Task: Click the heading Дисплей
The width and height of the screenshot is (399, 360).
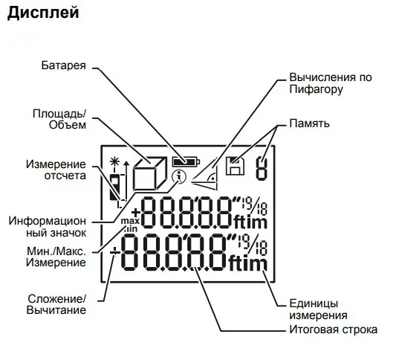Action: (x=43, y=13)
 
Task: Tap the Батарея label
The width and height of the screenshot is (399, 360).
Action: (x=64, y=65)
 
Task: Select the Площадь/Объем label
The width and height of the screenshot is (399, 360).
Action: (x=59, y=119)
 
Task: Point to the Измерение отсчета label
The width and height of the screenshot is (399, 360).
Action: (x=56, y=170)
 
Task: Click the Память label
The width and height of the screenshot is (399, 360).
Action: (x=309, y=123)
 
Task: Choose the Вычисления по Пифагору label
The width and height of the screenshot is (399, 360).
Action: (x=331, y=83)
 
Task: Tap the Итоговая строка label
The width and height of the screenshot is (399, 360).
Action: (x=334, y=330)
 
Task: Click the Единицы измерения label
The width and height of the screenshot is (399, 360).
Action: (x=318, y=309)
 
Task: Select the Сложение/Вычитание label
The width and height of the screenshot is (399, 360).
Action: (x=56, y=304)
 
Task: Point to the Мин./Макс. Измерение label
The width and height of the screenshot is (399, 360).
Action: (x=56, y=257)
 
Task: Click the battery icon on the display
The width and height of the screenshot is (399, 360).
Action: (x=186, y=161)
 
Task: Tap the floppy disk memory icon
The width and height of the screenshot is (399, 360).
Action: (x=235, y=166)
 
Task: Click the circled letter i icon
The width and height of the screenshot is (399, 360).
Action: (x=178, y=177)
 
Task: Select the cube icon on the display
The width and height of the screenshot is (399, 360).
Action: (x=150, y=173)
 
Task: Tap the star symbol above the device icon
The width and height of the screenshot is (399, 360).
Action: (x=114, y=161)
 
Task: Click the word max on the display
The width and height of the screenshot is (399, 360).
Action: (x=130, y=221)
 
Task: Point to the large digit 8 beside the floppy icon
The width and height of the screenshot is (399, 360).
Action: (x=262, y=169)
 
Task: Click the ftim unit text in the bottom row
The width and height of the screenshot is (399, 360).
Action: (x=248, y=263)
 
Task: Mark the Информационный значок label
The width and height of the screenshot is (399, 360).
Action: (x=48, y=227)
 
